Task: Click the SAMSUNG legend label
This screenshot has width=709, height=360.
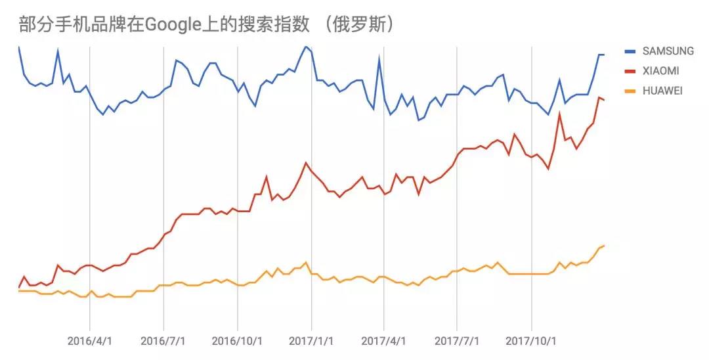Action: [x=668, y=51]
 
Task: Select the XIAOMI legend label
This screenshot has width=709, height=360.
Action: [x=661, y=71]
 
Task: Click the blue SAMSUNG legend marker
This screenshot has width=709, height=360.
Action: [x=631, y=51]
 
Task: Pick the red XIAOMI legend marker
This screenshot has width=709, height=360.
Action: [x=631, y=71]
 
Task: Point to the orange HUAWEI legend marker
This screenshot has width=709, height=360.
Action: [x=631, y=91]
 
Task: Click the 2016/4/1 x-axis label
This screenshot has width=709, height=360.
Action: [x=89, y=342]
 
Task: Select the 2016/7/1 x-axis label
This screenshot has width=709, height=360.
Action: [x=163, y=342]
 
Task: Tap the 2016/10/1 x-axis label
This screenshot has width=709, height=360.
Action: [x=237, y=342]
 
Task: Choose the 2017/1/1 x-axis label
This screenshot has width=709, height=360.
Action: [x=311, y=342]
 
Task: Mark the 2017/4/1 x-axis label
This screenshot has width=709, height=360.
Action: [x=383, y=342]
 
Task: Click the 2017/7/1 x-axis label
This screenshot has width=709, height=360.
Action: [x=457, y=342]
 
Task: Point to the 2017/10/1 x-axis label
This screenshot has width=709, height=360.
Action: [x=531, y=342]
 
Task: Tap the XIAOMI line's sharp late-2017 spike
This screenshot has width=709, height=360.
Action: [x=559, y=114]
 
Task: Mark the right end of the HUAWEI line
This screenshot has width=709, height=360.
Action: [x=603, y=246]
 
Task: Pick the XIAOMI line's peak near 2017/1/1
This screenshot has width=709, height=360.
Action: [x=306, y=162]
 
